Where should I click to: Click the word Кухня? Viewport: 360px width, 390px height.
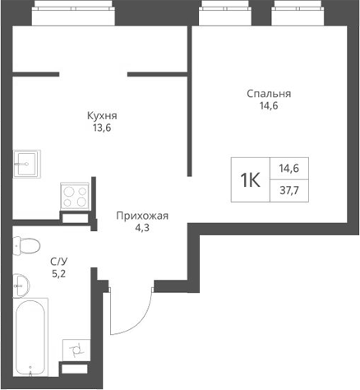(103, 116)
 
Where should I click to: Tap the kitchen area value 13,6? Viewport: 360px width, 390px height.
(103, 129)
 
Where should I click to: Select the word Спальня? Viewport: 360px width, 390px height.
(269, 94)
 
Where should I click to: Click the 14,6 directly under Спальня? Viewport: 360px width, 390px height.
(269, 107)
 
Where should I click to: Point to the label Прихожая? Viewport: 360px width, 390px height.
(142, 216)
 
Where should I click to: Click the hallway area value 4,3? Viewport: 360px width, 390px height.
(142, 230)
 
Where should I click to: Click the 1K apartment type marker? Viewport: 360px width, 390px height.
(249, 179)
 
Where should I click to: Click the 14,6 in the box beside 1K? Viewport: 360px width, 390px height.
(288, 168)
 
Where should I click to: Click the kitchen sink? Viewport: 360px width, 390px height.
(28, 164)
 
